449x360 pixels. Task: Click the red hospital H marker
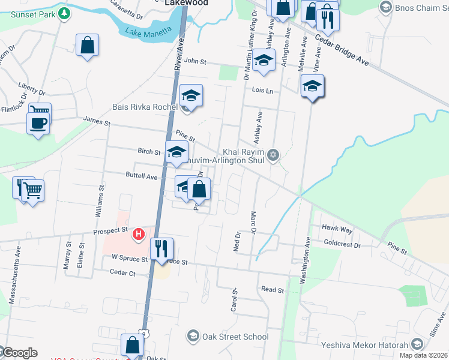coord(139,233)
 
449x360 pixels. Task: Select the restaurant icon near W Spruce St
coord(161,248)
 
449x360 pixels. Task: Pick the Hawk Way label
coord(337,229)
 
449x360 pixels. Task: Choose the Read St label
coord(273,289)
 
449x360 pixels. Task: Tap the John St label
coord(195,61)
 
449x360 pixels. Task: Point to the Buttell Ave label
coord(140,177)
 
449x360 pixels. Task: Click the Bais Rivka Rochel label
coord(145,107)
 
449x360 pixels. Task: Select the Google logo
coord(20,352)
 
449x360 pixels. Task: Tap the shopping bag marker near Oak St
coord(132,346)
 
